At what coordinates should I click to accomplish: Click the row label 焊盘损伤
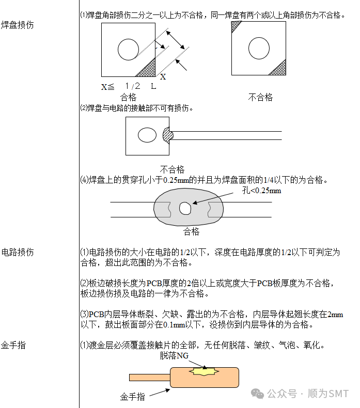(x=18, y=25)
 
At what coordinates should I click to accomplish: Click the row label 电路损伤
(x=18, y=253)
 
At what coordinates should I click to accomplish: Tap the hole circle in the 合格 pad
(x=128, y=50)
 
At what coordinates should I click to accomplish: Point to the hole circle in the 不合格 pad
(x=258, y=48)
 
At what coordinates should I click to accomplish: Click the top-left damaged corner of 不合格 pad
(x=236, y=26)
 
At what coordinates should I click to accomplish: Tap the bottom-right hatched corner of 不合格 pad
(x=279, y=68)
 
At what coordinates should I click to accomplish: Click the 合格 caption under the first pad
(x=128, y=97)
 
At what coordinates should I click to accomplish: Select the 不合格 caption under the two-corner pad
(x=260, y=97)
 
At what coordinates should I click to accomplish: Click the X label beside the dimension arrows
(x=163, y=77)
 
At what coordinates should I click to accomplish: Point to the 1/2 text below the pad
(x=133, y=86)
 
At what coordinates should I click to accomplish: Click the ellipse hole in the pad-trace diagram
(x=147, y=135)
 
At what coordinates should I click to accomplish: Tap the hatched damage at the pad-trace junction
(x=168, y=135)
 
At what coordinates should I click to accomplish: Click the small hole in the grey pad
(x=185, y=208)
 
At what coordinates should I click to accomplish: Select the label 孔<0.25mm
(x=262, y=191)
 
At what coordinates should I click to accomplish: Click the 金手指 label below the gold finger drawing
(x=133, y=397)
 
